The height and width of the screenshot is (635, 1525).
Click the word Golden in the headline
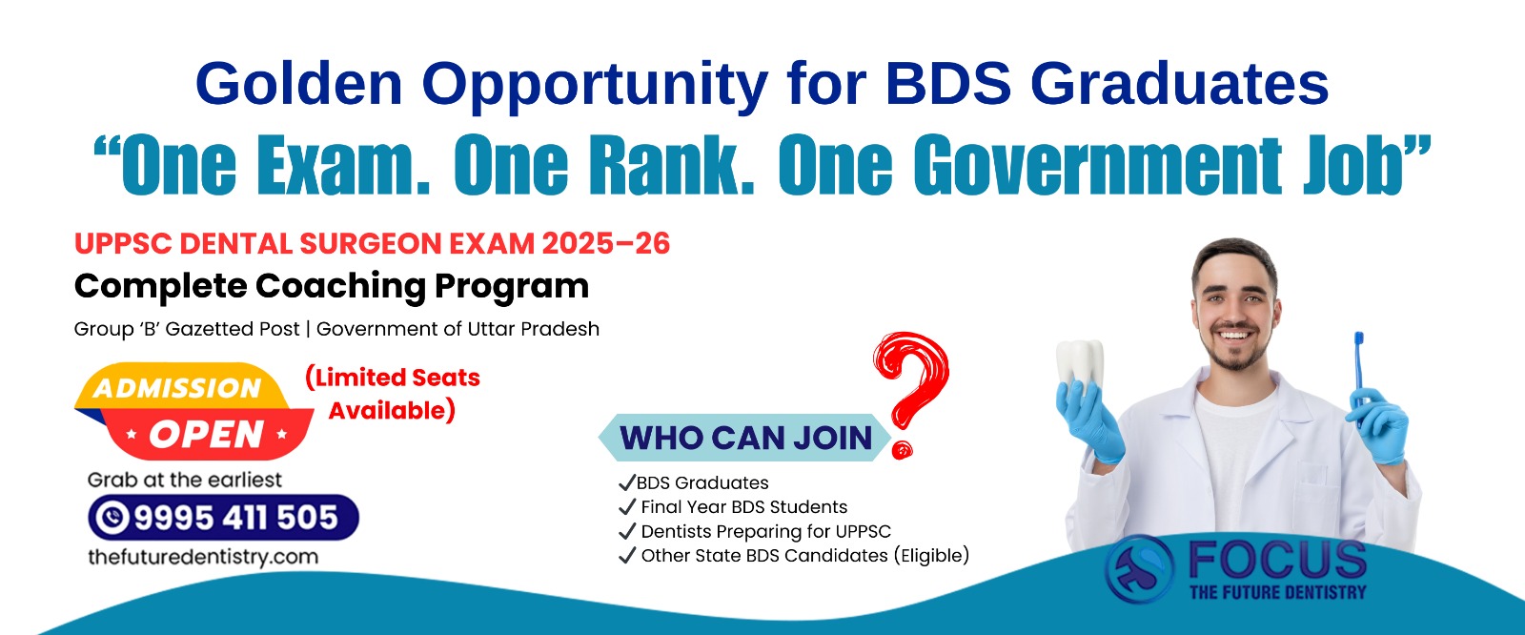click(x=299, y=83)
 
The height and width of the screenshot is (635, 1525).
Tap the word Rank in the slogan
click(x=672, y=164)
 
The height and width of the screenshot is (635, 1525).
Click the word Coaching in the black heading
click(x=340, y=286)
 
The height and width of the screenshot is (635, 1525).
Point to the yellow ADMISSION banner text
click(x=177, y=388)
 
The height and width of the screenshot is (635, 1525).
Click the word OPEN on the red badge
click(x=206, y=434)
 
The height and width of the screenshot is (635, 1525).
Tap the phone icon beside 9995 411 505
click(x=112, y=518)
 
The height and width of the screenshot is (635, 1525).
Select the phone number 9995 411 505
click(x=236, y=518)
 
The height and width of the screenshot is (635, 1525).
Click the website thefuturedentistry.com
click(x=203, y=557)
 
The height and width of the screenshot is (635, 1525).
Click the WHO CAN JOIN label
click(x=746, y=438)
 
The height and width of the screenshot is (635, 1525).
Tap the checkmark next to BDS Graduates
click(x=626, y=482)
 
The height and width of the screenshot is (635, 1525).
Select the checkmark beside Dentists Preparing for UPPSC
click(x=626, y=531)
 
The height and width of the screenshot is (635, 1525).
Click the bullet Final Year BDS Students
click(x=744, y=507)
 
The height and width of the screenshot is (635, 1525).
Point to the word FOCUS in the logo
click(x=1277, y=560)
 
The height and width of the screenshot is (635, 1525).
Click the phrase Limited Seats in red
click(x=393, y=378)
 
